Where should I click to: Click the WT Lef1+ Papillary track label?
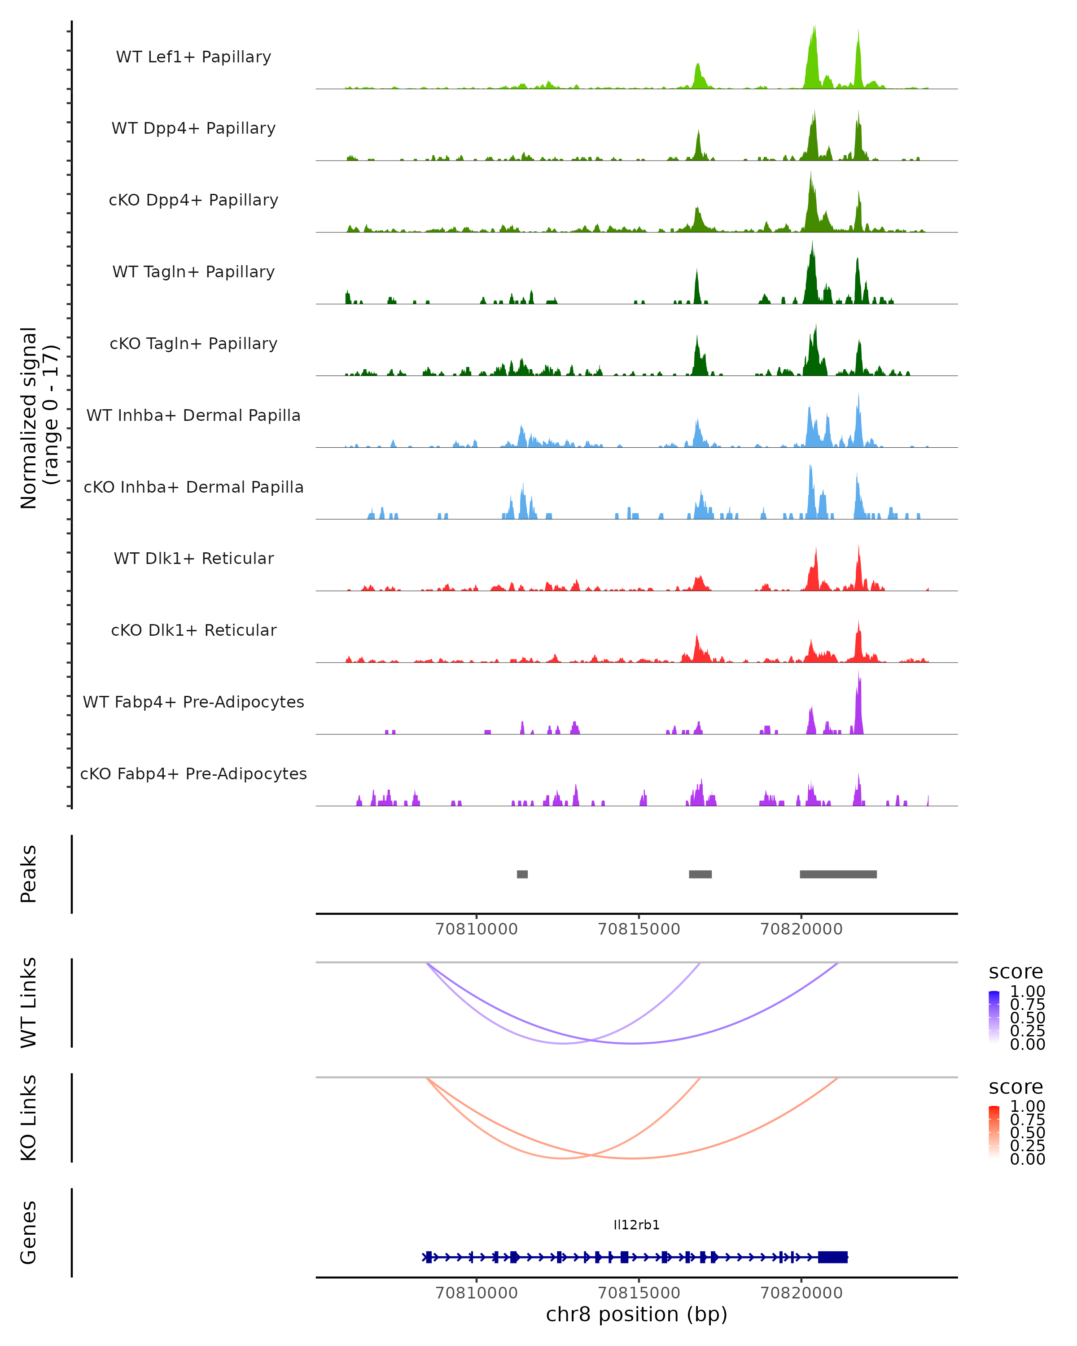193,57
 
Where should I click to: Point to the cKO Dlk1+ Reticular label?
193,630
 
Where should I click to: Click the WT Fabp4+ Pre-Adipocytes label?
193,702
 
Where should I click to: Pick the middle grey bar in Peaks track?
700,874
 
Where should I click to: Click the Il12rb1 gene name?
636,1225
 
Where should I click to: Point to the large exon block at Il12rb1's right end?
833,1257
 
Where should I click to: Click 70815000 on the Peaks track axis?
639,929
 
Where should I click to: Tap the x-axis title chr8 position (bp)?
636,1314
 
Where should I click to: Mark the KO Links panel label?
29,1118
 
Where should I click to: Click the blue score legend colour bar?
994,1016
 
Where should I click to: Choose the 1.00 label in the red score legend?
1027,1106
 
